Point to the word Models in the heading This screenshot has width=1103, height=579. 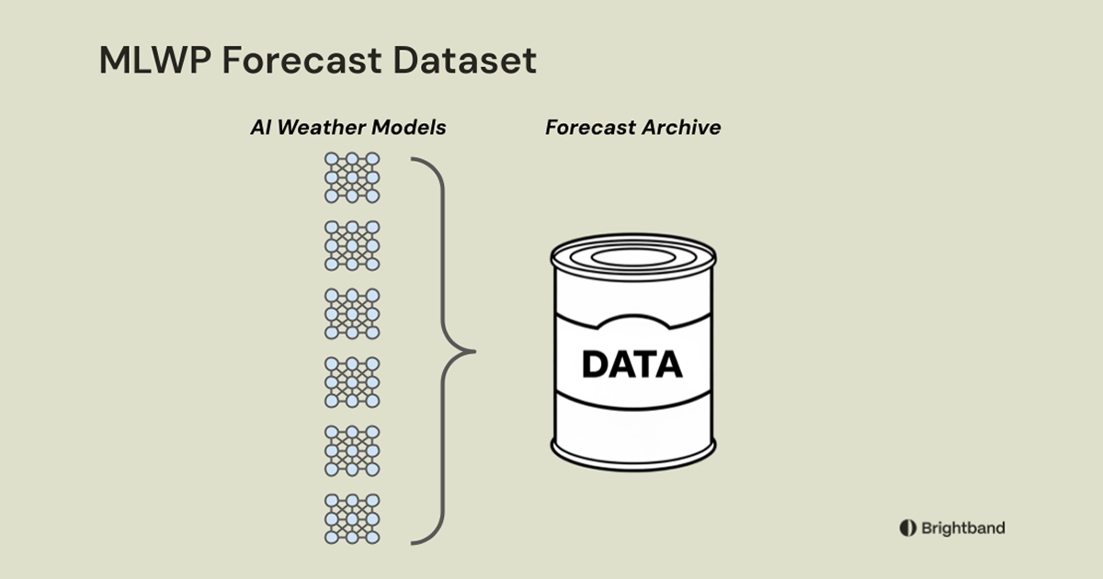pos(409,128)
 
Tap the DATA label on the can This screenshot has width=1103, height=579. pos(632,365)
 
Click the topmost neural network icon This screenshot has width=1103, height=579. pos(352,177)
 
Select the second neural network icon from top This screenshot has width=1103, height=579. pos(352,245)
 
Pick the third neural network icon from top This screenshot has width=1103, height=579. pos(352,313)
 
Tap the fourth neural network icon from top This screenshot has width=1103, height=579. pos(352,381)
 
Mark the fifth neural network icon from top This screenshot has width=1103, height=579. pos(352,450)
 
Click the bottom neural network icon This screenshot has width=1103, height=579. pos(352,518)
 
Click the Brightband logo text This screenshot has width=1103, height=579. pos(962,528)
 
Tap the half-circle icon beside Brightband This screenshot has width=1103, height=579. pos(907,528)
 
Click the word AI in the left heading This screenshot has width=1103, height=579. pos(260,128)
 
